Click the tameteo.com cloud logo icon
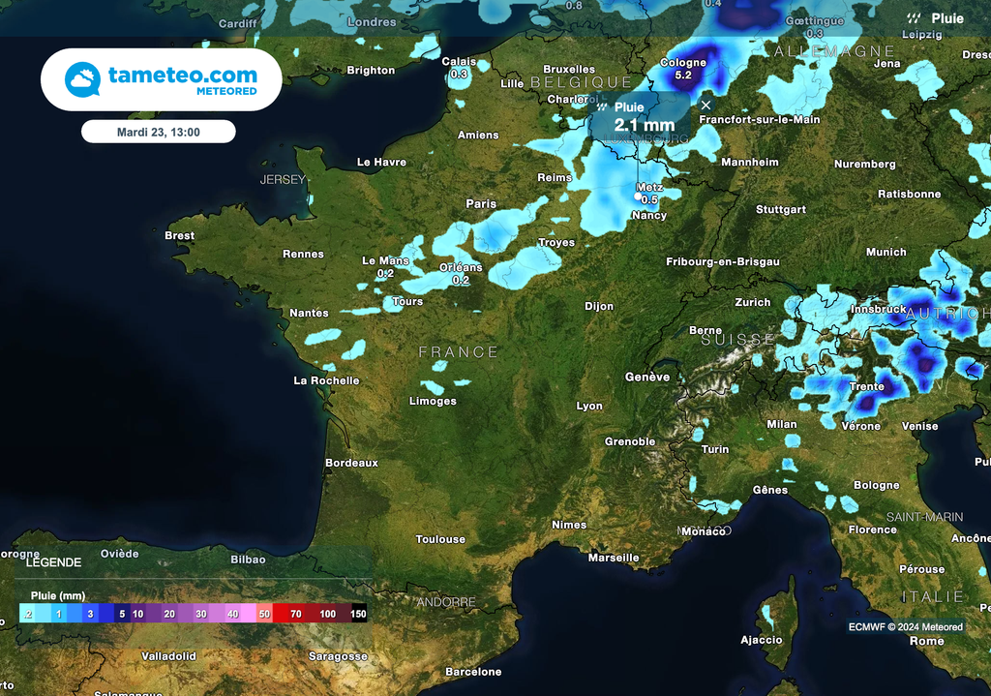(82, 79)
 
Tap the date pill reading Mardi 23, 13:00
(159, 132)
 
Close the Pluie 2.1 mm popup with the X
(706, 105)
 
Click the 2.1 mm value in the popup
(644, 125)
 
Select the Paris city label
(481, 203)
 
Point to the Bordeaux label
(351, 463)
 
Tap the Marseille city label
(614, 558)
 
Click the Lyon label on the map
(589, 406)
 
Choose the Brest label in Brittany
(179, 235)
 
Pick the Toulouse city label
(440, 539)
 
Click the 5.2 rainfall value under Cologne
(683, 76)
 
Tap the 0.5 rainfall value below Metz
(649, 199)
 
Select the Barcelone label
(473, 672)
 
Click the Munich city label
(886, 252)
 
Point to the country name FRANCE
(459, 352)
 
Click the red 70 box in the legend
(295, 614)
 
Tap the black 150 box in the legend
(358, 614)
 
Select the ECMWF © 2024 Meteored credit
(906, 627)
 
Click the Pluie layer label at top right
(946, 18)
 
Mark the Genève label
(647, 377)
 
